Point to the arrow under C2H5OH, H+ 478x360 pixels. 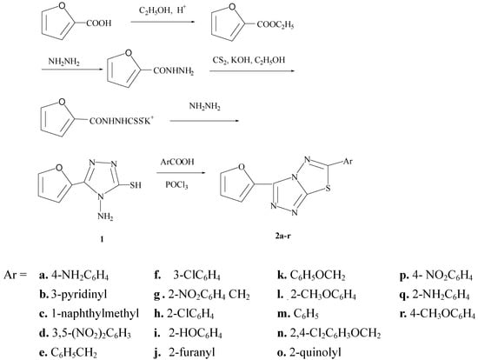163,24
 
